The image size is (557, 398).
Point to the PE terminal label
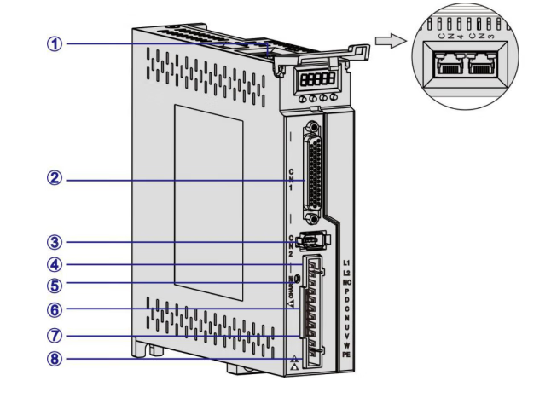346,351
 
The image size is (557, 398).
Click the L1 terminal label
346,261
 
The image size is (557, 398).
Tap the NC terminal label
346,280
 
